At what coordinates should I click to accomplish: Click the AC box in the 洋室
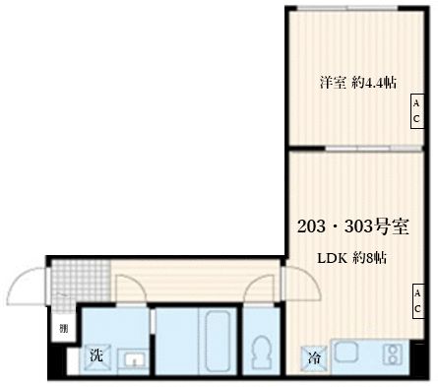(x=416, y=111)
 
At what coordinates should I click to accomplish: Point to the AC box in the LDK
(x=416, y=301)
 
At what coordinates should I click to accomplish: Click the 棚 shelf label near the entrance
(x=62, y=329)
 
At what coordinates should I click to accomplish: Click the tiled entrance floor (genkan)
(x=75, y=280)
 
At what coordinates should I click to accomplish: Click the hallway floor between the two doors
(x=197, y=280)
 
